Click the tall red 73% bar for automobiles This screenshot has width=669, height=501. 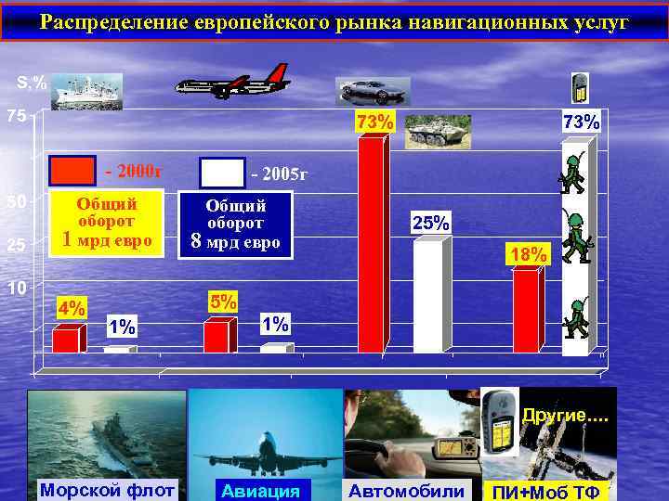[371, 246]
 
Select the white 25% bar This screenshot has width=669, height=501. [427, 297]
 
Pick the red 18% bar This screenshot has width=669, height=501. [525, 311]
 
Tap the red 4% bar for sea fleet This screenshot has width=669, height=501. [65, 340]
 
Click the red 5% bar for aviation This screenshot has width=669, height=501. [216, 337]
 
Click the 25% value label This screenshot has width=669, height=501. [431, 223]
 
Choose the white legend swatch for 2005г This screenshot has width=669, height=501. [222, 173]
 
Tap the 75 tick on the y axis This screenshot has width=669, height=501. [12, 117]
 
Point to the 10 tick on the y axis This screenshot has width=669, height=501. [16, 288]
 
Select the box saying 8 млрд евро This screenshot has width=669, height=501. [236, 225]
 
